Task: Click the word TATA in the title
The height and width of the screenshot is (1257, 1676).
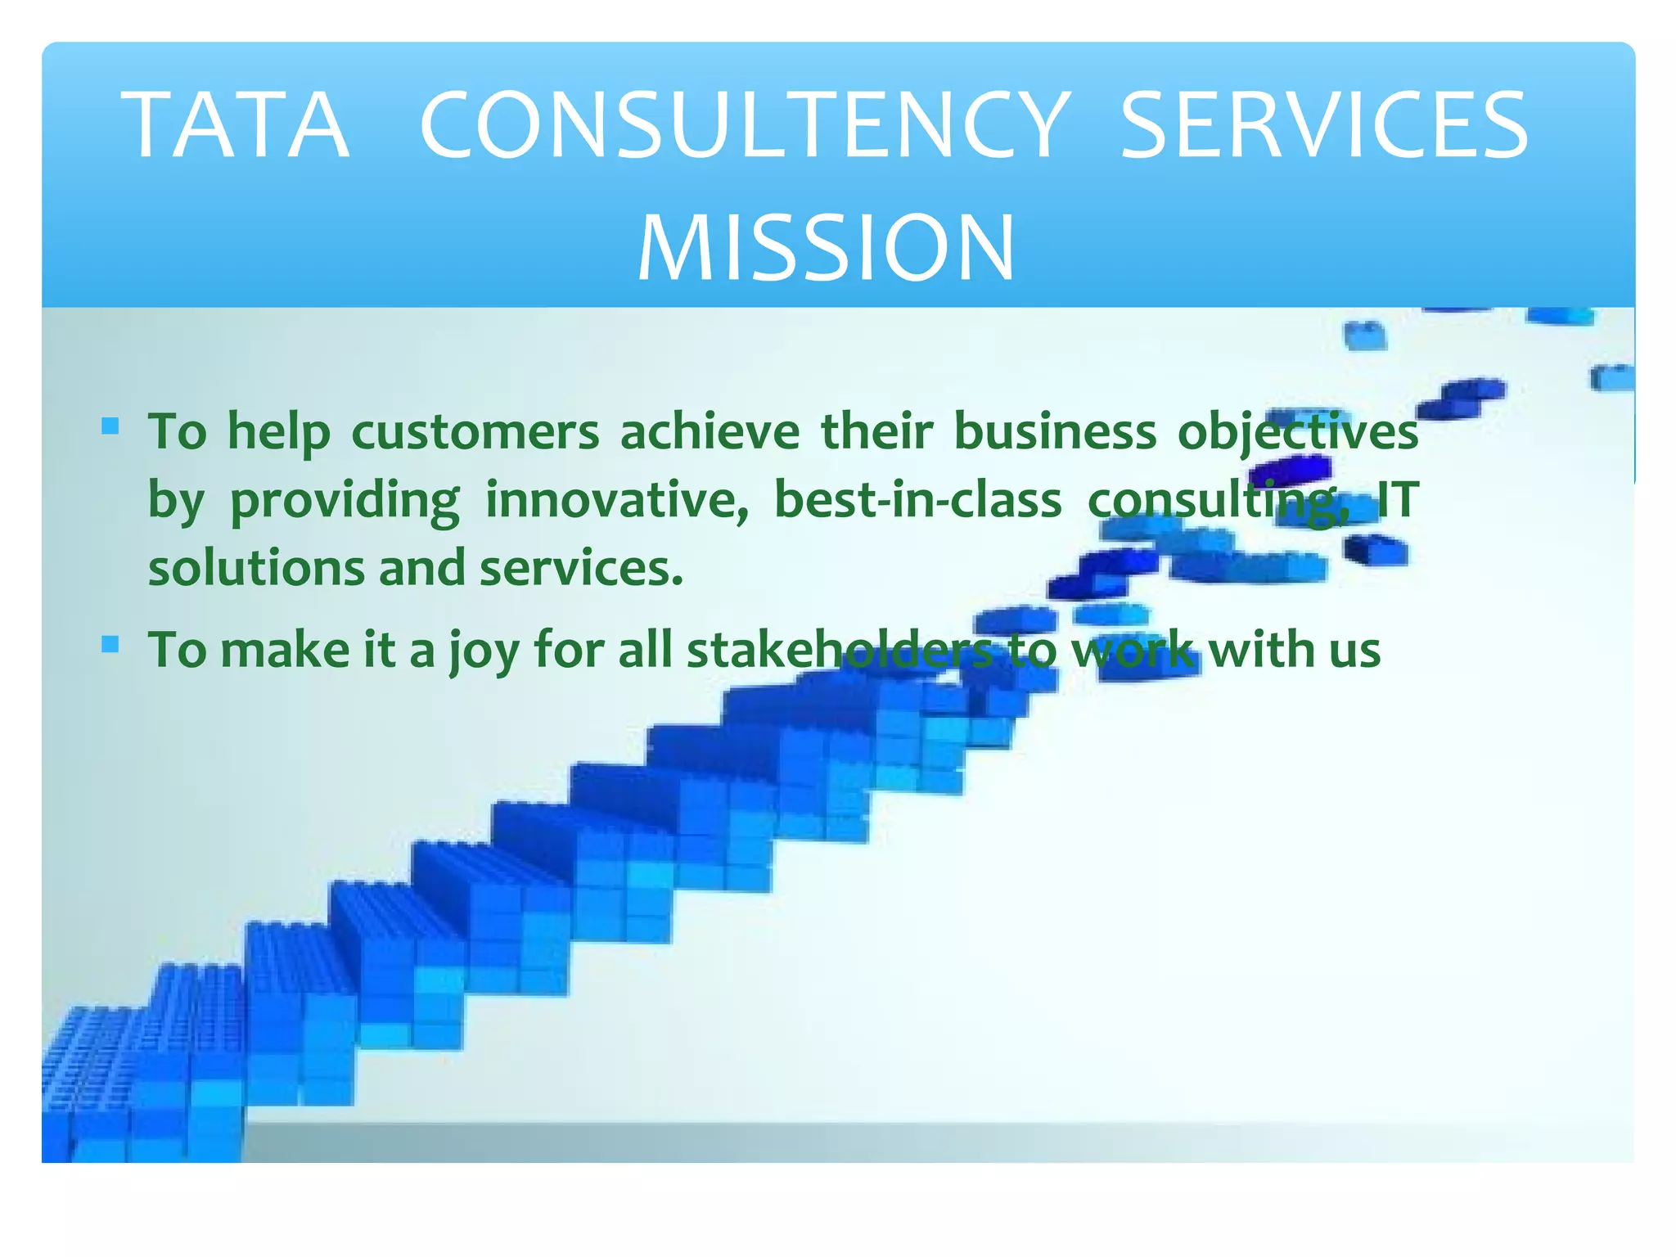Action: point(237,126)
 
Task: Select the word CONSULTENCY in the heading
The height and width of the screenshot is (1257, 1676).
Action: point(745,126)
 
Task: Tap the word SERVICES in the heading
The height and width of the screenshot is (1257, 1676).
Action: point(1323,126)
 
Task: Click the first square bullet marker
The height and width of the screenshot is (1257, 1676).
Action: point(110,426)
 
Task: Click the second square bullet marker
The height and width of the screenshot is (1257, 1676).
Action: point(110,646)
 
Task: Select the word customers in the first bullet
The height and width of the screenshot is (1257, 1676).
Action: point(475,431)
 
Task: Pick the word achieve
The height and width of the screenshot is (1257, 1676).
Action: point(710,431)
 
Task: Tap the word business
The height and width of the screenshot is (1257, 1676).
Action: point(1055,431)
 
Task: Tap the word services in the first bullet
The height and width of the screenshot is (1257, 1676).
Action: point(580,568)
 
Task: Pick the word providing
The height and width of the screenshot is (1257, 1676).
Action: point(345,501)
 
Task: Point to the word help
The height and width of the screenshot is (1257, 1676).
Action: point(279,433)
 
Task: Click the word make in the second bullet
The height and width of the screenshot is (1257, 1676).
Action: point(286,650)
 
